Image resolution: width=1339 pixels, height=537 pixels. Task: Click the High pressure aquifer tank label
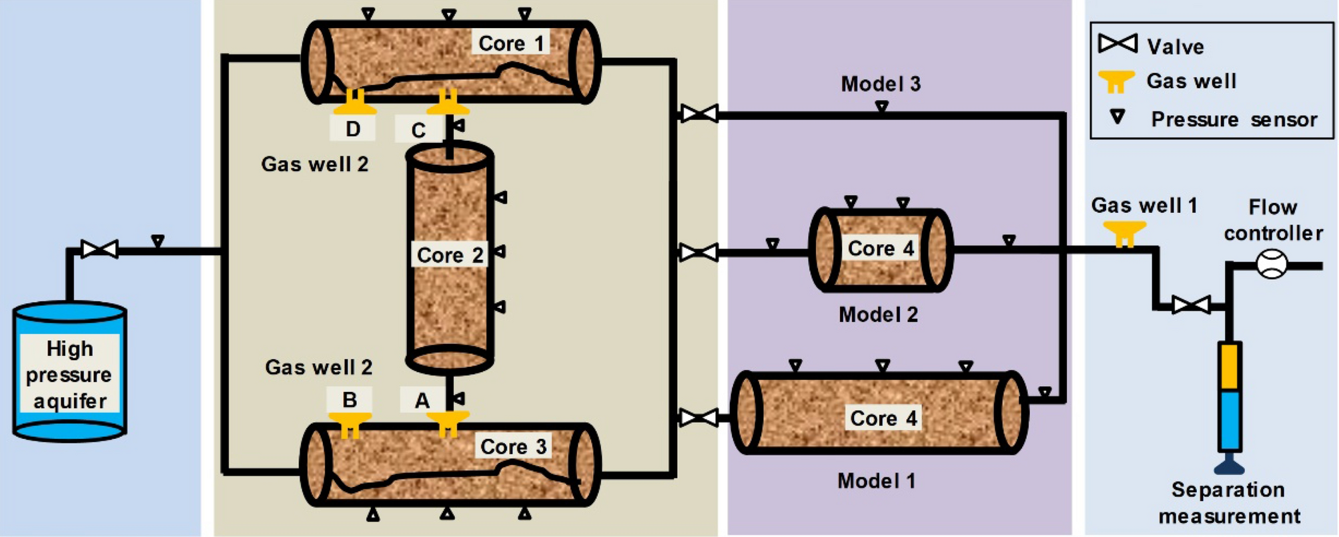tap(69, 374)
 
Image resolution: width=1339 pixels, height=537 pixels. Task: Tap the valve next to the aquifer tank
tap(99, 250)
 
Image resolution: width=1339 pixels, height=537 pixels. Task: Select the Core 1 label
tap(511, 43)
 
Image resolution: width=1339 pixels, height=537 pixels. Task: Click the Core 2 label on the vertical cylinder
tap(449, 255)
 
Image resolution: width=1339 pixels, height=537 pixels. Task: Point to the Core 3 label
tap(513, 446)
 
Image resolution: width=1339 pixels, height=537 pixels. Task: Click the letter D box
tap(353, 129)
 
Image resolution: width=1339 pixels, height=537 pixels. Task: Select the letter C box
tap(418, 130)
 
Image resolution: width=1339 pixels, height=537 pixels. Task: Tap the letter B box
tap(349, 399)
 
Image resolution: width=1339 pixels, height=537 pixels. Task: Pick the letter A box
tap(422, 400)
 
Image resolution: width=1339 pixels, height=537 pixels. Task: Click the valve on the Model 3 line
tap(699, 114)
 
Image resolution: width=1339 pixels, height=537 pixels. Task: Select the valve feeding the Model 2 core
tap(699, 252)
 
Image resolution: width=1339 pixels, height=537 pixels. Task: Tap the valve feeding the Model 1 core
tap(699, 418)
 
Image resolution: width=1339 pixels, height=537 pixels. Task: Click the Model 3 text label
tap(880, 84)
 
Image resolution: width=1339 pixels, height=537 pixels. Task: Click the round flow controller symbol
tap(1271, 264)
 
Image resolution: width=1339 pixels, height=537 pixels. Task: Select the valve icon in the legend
tap(1118, 44)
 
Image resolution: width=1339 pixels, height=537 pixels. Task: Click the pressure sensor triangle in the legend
tap(1118, 118)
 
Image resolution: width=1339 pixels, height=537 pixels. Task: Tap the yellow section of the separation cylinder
tap(1229, 366)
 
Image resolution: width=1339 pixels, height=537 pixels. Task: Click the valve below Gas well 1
tap(1191, 306)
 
